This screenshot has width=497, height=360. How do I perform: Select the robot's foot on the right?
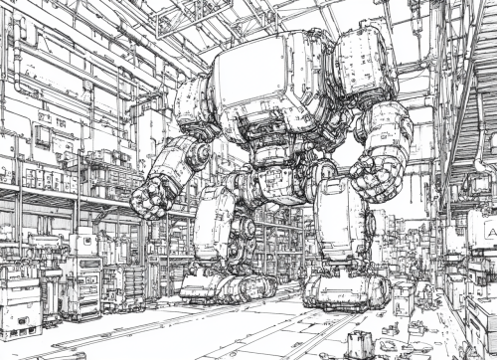tap(342, 290)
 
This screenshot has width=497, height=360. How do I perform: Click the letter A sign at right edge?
tap(488, 232)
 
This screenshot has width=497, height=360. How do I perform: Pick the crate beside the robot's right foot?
tap(402, 295)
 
